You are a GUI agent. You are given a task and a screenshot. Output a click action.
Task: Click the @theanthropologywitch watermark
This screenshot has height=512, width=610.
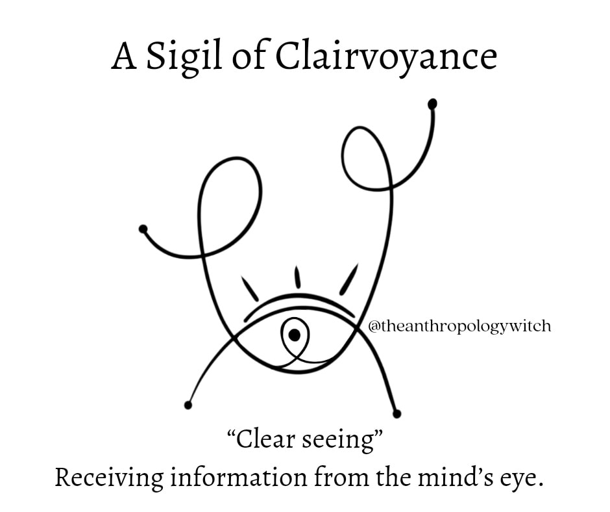(x=459, y=326)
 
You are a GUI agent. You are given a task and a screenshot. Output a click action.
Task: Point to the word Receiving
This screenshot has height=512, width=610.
(x=109, y=479)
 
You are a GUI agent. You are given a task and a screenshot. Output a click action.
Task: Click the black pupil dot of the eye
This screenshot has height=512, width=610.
(x=294, y=335)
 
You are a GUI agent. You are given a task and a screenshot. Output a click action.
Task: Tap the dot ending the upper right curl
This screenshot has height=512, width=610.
(x=432, y=104)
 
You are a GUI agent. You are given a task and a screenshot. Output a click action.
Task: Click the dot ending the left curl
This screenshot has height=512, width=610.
(x=143, y=229)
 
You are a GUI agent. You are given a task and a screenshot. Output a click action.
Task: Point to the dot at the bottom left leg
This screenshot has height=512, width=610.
(x=188, y=405)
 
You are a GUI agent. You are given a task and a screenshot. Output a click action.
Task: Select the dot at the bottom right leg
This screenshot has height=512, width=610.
(x=396, y=413)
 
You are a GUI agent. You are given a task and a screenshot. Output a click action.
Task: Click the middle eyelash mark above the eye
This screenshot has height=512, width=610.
(x=297, y=277)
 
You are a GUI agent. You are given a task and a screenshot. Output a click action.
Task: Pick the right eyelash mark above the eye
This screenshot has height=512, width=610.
(x=348, y=279)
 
